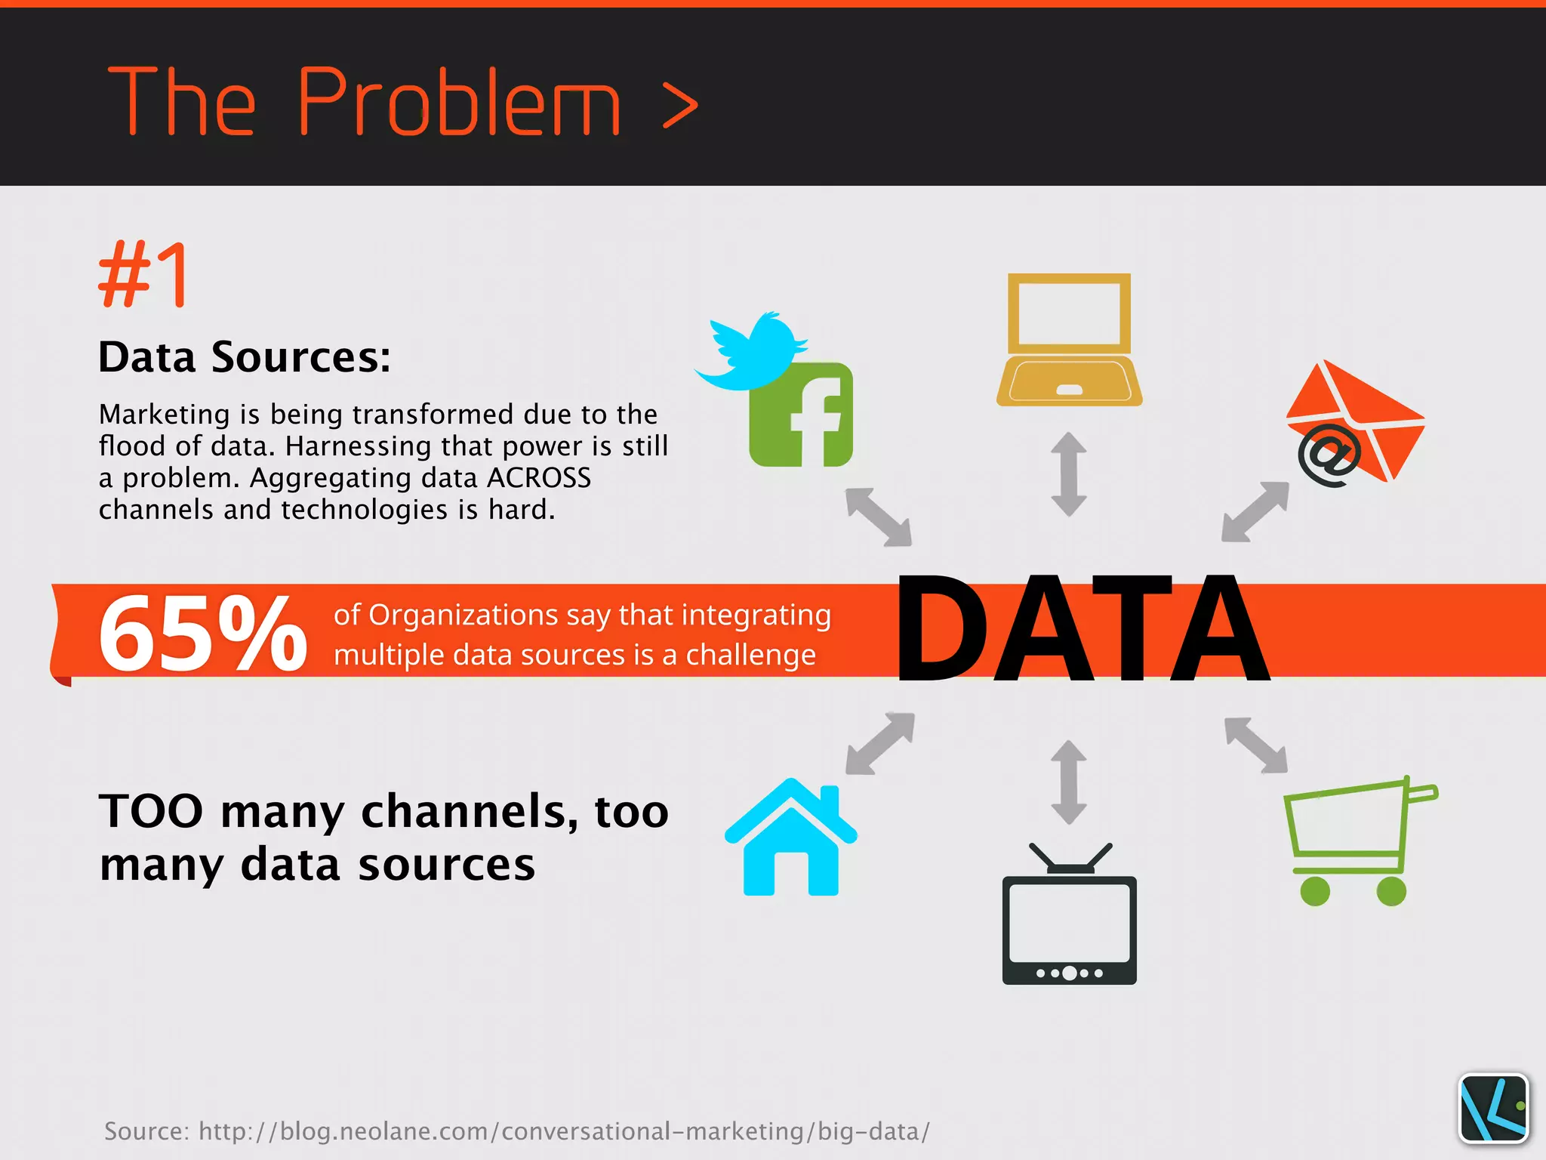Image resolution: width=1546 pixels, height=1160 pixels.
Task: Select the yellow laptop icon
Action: coord(1069,340)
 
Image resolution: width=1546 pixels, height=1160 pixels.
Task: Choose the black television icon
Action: coord(1069,918)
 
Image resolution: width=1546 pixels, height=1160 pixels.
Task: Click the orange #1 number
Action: coord(143,275)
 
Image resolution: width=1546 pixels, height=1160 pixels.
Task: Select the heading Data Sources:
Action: coord(245,356)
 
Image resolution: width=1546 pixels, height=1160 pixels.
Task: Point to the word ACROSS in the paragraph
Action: coord(539,478)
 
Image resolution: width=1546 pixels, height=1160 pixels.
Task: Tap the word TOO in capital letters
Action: coord(151,812)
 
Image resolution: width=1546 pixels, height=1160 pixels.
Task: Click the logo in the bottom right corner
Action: coord(1493,1108)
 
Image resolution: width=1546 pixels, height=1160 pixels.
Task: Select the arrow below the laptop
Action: coord(1069,474)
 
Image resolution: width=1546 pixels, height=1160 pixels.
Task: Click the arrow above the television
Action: coord(1069,782)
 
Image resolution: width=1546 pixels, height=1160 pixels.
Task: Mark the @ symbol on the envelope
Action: coord(1329,455)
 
